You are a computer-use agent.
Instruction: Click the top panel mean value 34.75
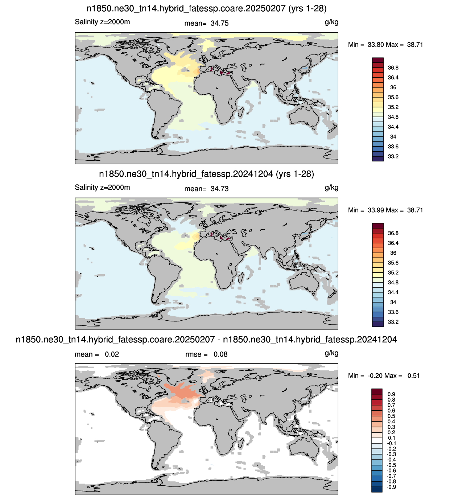(x=219, y=23)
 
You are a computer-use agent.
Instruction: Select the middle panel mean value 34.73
(x=219, y=189)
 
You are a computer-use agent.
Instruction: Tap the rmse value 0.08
(x=220, y=354)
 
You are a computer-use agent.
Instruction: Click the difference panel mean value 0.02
(x=112, y=354)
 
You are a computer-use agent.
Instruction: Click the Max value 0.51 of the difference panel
(x=413, y=375)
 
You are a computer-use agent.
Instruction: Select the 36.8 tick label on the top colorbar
(x=393, y=67)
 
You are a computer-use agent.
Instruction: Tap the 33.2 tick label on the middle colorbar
(x=393, y=322)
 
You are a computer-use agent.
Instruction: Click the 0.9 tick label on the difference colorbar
(x=391, y=394)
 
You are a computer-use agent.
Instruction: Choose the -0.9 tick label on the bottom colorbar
(x=391, y=487)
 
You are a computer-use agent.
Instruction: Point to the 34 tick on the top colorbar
(x=393, y=136)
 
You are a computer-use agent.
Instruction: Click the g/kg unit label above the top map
(x=331, y=22)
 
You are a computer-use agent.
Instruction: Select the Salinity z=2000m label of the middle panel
(x=102, y=187)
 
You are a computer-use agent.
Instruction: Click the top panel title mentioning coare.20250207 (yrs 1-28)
(x=206, y=9)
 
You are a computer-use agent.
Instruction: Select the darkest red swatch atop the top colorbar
(x=378, y=60)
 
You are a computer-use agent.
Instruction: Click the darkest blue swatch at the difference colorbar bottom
(x=377, y=489)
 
